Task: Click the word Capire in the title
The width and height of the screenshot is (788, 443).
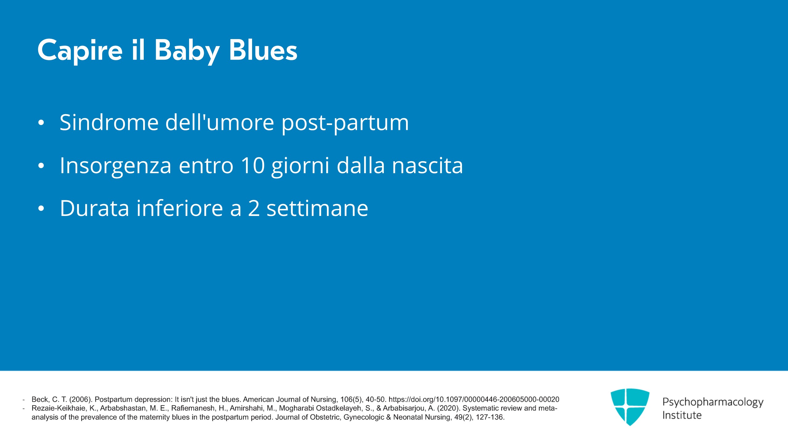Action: pyautogui.click(x=80, y=51)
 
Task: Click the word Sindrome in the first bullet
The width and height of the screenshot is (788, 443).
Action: pyautogui.click(x=109, y=122)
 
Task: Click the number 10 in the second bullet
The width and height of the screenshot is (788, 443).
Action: pyautogui.click(x=253, y=166)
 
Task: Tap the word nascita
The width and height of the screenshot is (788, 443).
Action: pyautogui.click(x=428, y=166)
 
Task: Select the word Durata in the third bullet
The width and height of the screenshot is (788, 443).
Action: pyautogui.click(x=94, y=208)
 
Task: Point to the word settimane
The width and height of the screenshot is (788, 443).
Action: pyautogui.click(x=317, y=208)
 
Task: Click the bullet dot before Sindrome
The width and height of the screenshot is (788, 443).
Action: pyautogui.click(x=41, y=123)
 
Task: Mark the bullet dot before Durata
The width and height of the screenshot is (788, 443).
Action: pyautogui.click(x=41, y=209)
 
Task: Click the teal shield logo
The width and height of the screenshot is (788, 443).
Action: pyautogui.click(x=630, y=407)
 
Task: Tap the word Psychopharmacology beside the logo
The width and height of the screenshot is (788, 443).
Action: pyautogui.click(x=713, y=402)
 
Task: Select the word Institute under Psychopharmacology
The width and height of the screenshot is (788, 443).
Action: pyautogui.click(x=682, y=415)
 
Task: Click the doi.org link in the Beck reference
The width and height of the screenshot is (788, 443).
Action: pyautogui.click(x=474, y=399)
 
